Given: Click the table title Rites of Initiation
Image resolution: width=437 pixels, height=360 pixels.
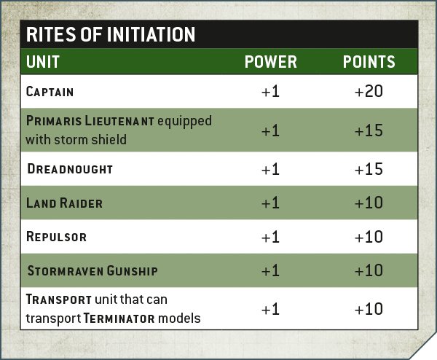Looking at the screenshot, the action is [111, 34].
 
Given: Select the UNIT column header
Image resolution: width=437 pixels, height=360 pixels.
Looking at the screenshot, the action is [43, 62].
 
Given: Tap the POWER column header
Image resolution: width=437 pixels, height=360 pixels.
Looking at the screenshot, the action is [271, 62].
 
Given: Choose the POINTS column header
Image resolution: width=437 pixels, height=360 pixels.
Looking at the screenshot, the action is [369, 62].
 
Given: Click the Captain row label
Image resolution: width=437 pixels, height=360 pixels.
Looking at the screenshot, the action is [50, 92].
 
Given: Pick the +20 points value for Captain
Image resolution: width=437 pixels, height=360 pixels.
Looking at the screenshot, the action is [369, 91].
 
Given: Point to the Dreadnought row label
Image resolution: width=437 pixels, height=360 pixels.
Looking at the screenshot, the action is [70, 169].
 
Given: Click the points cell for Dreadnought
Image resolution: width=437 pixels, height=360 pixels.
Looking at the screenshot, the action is [369, 169].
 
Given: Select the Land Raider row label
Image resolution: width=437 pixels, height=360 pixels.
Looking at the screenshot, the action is [64, 203].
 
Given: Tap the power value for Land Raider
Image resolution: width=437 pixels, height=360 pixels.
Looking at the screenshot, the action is [270, 203].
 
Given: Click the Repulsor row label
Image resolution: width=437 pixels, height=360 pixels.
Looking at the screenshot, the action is [56, 237].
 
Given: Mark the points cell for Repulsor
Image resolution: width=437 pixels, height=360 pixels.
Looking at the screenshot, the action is [369, 237].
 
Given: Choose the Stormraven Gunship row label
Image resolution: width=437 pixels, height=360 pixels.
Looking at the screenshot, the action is [92, 271].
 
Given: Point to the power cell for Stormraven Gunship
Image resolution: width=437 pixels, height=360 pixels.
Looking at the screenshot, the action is [270, 270].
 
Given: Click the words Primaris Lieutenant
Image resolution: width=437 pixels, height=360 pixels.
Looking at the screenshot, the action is [90, 121].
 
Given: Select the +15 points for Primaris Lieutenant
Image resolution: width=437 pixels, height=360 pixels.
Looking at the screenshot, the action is [369, 130].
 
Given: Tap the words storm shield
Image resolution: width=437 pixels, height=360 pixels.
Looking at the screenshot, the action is [90, 139].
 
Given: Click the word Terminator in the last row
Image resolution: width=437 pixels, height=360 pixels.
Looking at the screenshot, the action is [119, 318].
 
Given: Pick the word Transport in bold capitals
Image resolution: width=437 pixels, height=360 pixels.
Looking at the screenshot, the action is [58, 300].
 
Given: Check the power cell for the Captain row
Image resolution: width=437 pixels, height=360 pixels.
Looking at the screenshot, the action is [270, 91].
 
